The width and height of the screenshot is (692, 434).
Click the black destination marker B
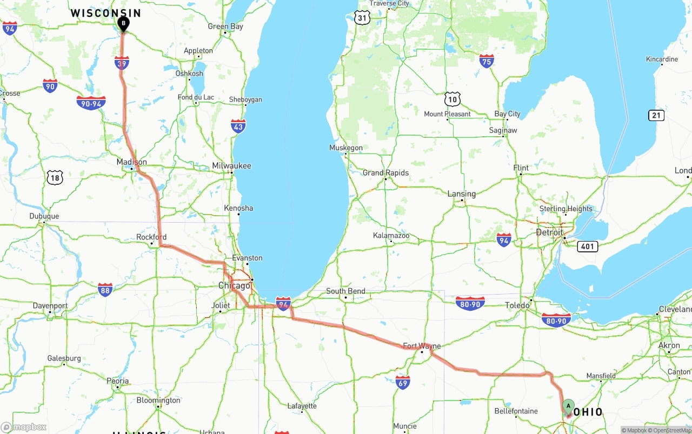click(x=123, y=24)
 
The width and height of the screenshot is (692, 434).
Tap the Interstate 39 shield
click(x=122, y=63)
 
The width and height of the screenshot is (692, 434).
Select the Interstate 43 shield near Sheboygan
click(x=238, y=126)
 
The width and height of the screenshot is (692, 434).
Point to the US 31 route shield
click(x=362, y=18)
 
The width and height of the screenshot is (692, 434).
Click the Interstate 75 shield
click(x=487, y=61)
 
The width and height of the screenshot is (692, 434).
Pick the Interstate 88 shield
click(x=105, y=290)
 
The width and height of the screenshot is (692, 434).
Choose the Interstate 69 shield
click(x=402, y=382)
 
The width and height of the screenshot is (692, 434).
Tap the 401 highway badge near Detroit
click(x=587, y=246)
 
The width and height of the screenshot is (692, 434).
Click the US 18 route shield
click(x=55, y=177)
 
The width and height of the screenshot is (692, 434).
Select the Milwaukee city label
click(x=231, y=165)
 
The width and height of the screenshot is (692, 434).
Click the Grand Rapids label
click(x=385, y=173)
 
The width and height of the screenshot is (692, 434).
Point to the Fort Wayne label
click(x=422, y=346)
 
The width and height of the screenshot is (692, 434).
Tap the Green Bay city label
click(x=225, y=26)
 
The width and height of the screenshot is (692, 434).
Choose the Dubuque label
click(x=44, y=216)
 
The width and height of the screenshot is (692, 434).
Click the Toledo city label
click(x=517, y=305)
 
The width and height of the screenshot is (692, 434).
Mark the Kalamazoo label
click(x=391, y=236)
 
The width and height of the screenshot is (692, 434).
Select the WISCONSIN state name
click(x=106, y=13)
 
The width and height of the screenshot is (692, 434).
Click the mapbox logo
click(x=24, y=427)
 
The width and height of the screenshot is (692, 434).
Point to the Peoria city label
click(x=117, y=381)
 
